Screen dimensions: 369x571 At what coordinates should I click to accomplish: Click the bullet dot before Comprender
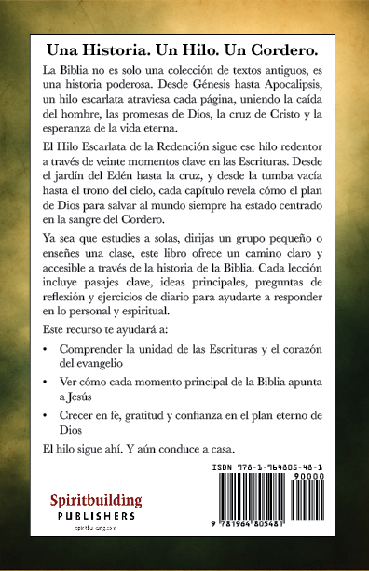[48, 350]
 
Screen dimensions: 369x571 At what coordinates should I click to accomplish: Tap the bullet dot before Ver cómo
[48, 382]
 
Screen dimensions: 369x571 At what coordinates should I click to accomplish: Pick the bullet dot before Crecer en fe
[48, 414]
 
